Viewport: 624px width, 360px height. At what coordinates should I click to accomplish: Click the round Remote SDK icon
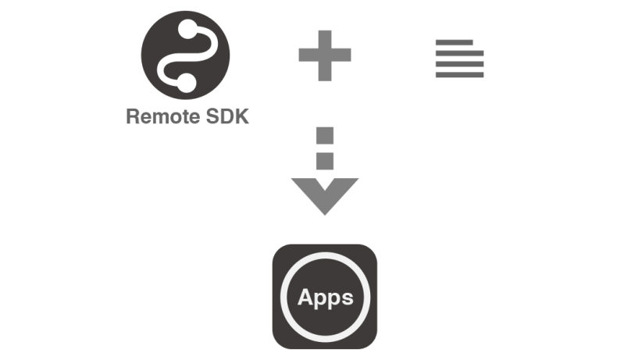185,55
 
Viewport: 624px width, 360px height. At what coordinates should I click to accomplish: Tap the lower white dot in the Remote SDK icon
184,79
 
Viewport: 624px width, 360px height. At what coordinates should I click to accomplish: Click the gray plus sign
324,54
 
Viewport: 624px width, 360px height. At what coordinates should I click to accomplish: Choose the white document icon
459,56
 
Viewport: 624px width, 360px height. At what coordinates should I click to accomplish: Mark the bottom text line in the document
459,75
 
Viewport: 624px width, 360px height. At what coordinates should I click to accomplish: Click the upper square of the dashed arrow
325,135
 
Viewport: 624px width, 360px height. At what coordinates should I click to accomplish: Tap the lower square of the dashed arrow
325,161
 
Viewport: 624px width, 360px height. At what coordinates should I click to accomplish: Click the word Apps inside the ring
326,297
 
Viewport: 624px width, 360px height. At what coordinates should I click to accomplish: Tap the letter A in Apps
306,297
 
